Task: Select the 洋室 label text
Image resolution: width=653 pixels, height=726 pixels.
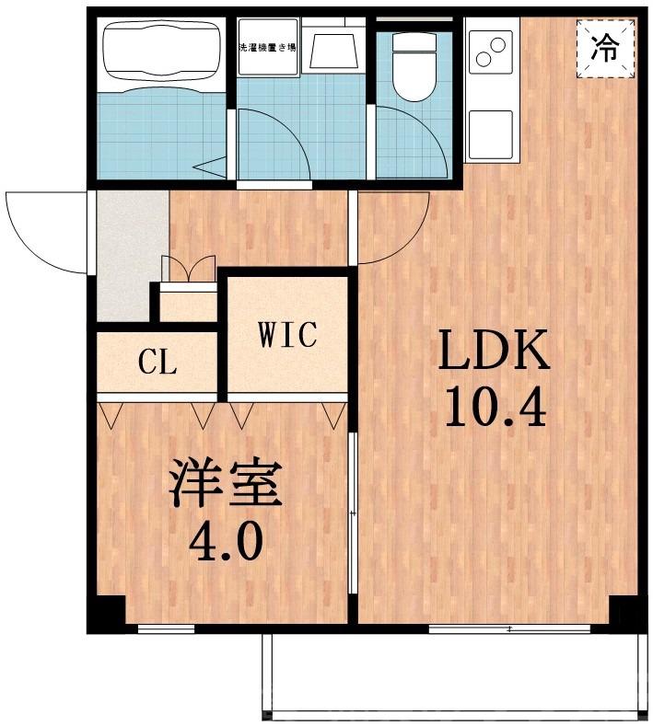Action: tap(224, 488)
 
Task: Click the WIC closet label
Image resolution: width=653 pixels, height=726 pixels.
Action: tap(288, 334)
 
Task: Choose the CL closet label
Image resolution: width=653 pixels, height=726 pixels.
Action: tap(157, 363)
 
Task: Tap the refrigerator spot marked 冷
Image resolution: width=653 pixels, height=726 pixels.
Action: tap(605, 45)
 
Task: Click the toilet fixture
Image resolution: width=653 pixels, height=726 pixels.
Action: tap(411, 64)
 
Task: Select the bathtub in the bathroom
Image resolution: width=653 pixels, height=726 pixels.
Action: tap(160, 53)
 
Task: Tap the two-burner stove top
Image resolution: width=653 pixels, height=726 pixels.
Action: tap(491, 52)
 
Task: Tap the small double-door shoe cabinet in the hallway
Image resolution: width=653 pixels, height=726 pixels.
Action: tap(188, 271)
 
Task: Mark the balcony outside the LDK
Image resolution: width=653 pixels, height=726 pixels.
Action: tap(451, 676)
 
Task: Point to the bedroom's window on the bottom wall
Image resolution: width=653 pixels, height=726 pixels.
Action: tap(166, 629)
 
